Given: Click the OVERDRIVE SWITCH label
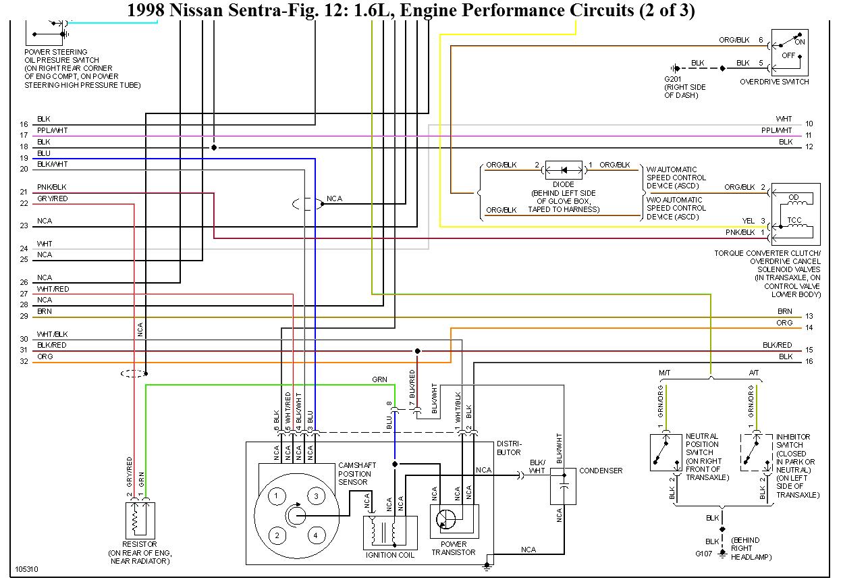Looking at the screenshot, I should (x=774, y=82).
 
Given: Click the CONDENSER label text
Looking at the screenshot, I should (x=601, y=471).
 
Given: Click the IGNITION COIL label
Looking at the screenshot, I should (x=389, y=555).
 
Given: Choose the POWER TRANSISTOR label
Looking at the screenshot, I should (x=454, y=548).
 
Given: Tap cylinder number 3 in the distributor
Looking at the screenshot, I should (x=315, y=496).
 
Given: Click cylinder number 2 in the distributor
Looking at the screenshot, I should (x=276, y=536).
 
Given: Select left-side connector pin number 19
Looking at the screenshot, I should (x=24, y=158).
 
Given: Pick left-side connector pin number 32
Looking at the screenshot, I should (x=24, y=361).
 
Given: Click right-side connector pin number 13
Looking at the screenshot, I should (x=809, y=316).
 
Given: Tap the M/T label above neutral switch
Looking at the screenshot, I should (x=664, y=373).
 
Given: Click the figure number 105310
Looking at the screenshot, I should (x=27, y=570).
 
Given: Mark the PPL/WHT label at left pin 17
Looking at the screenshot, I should (x=52, y=130).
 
